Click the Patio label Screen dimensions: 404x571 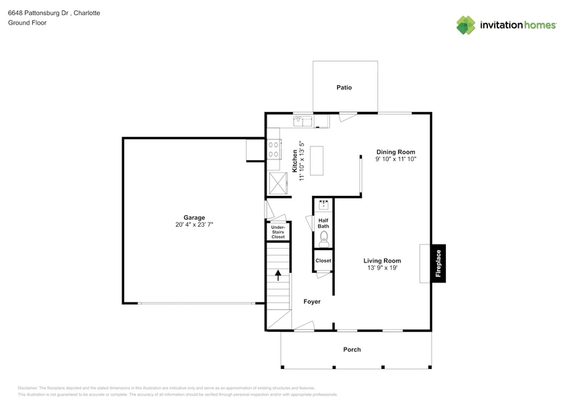click(344, 87)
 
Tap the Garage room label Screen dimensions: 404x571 click(194, 217)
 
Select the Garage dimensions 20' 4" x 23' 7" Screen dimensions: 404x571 click(194, 225)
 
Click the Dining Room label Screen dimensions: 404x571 click(395, 152)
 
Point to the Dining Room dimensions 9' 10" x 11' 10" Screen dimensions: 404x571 click(395, 159)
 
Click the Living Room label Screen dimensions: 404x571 click(382, 260)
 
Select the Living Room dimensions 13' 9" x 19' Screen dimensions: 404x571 click(382, 268)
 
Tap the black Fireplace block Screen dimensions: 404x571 click(438, 262)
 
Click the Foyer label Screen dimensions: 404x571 click(312, 302)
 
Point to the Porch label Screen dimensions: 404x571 click(352, 350)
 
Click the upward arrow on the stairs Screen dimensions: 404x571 click(278, 275)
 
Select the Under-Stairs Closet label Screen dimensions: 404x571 click(278, 232)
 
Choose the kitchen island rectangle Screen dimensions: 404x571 click(317, 161)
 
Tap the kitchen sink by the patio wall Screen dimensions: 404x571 click(302, 122)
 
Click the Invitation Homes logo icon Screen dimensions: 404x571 click(467, 25)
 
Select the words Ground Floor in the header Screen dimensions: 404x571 click(27, 23)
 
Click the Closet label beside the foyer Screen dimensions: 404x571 click(323, 261)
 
